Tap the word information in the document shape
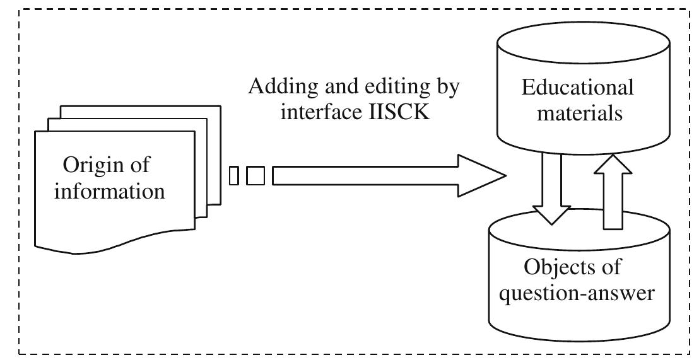pos(109,190)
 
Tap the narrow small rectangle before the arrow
pos(234,175)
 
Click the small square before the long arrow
pos(256,175)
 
